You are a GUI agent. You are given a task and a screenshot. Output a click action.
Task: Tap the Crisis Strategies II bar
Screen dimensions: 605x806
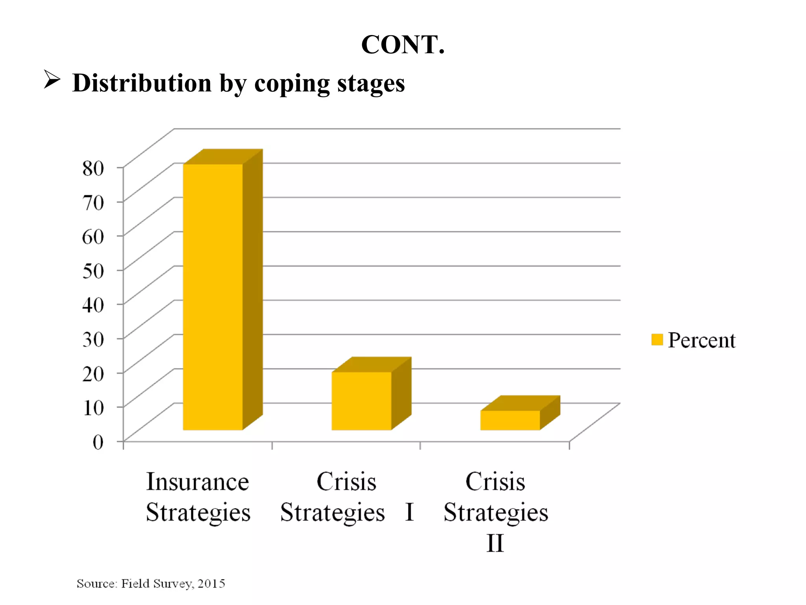(510, 420)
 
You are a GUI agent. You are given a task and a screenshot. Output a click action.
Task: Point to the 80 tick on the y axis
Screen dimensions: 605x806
(93, 168)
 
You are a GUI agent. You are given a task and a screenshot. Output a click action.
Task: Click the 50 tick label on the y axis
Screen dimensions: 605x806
(93, 271)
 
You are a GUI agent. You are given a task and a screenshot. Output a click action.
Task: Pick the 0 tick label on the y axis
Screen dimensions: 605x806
(98, 442)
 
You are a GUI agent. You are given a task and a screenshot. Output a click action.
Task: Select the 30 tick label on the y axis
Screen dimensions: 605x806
(93, 339)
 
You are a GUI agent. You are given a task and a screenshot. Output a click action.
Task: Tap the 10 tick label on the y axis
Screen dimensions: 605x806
(93, 408)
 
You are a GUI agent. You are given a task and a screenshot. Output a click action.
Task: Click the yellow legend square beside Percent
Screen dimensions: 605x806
(657, 340)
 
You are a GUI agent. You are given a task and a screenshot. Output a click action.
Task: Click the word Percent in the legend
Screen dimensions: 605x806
(701, 340)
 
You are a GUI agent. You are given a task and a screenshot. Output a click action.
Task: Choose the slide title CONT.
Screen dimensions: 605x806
(403, 45)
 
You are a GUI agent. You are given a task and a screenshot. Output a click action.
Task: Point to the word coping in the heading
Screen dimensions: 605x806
(292, 84)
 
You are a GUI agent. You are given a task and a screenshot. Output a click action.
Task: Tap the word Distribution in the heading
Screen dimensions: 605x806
(142, 83)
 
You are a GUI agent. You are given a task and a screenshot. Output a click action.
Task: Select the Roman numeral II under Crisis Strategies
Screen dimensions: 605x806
(495, 544)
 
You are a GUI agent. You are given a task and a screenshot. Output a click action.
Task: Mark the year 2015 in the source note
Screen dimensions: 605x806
(211, 583)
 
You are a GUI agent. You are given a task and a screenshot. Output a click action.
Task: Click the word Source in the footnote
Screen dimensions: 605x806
(96, 583)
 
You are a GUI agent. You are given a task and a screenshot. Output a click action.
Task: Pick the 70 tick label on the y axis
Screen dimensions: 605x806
(93, 202)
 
